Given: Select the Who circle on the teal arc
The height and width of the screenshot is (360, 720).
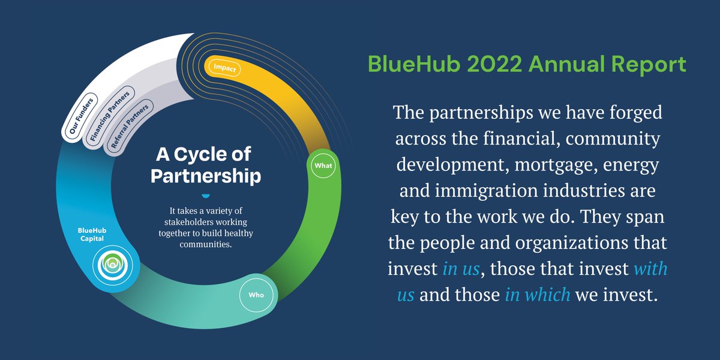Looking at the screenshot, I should click(x=251, y=295).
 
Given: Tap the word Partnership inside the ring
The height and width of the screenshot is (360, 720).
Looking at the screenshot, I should click(x=206, y=176).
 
